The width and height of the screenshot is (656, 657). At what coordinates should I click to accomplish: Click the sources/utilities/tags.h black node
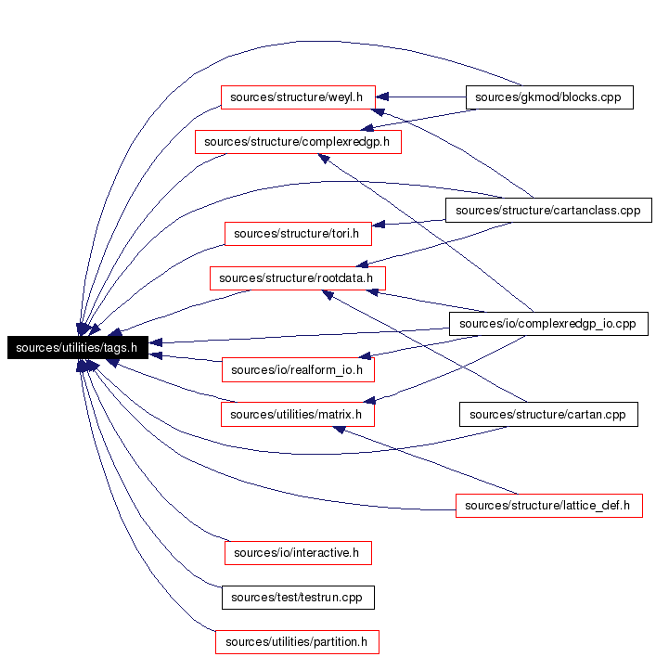78,347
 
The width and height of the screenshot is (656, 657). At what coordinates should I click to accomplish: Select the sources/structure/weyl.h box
298,97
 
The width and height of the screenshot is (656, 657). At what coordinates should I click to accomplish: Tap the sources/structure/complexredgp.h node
298,142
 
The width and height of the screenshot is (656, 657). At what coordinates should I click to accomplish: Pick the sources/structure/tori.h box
298,234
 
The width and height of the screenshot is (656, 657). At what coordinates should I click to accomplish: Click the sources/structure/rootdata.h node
298,278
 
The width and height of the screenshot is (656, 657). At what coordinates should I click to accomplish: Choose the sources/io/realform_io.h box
298,369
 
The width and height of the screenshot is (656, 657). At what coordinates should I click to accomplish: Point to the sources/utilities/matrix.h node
298,415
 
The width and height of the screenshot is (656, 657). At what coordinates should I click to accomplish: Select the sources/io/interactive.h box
298,553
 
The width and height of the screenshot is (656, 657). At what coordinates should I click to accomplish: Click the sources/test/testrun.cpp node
298,597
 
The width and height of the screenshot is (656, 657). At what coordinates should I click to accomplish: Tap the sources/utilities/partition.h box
297,642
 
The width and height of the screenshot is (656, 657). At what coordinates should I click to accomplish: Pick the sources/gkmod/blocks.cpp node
549,97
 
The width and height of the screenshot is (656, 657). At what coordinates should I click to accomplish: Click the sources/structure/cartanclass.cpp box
548,210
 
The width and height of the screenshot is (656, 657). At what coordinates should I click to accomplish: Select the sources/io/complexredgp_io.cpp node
548,324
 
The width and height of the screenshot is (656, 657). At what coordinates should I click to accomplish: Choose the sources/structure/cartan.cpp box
548,415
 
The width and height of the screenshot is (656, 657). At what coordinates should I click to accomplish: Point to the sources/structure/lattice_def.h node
548,506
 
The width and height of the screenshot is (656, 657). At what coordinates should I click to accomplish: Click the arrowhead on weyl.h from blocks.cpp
382,97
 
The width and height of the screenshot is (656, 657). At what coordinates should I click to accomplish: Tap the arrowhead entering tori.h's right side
379,225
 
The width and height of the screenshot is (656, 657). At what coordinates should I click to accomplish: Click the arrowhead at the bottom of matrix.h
339,430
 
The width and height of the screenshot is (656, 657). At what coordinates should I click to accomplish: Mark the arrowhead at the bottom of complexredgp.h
324,159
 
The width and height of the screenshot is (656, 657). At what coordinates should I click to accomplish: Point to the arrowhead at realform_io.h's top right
366,355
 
